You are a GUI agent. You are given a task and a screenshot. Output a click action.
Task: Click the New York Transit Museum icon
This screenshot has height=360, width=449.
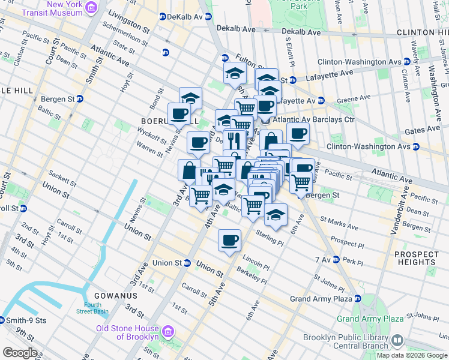pyautogui.click(x=91, y=7)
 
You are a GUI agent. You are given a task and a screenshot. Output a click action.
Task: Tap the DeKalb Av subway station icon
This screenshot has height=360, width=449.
pyautogui.click(x=162, y=16)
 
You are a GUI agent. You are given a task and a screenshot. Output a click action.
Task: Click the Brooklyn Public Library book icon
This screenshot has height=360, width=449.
pyautogui.click(x=397, y=341)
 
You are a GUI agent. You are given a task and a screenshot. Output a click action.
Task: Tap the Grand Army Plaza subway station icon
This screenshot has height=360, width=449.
pyautogui.click(x=358, y=298)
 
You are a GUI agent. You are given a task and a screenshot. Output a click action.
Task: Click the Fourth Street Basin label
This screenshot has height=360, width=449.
pyautogui.click(x=92, y=308)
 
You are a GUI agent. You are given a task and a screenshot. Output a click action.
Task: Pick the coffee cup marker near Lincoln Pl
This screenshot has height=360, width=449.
pyautogui.click(x=229, y=241)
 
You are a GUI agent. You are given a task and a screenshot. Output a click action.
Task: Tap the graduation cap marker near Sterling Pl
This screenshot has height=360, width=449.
pyautogui.click(x=276, y=214)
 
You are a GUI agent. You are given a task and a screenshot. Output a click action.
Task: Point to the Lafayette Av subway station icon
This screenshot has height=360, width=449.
pyautogui.click(x=321, y=100)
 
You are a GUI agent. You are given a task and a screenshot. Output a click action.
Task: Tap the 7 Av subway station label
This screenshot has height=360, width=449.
pyautogui.click(x=324, y=259)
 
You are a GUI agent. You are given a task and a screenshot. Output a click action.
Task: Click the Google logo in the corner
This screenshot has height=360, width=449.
pyautogui.click(x=20, y=353)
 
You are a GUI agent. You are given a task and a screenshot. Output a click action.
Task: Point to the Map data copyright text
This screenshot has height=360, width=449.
pyautogui.click(x=411, y=355)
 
